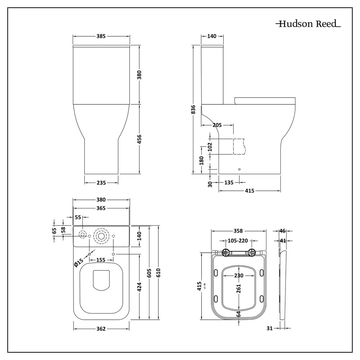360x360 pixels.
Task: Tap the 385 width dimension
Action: [x=101, y=36]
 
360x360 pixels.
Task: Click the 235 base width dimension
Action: [x=101, y=183]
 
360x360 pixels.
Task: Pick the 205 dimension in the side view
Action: [x=217, y=125]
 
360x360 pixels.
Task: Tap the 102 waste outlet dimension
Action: [x=210, y=146]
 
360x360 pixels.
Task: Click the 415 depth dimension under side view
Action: [x=250, y=190]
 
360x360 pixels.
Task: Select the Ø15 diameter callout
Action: [x=78, y=262]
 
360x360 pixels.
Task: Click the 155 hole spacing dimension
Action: [x=101, y=260]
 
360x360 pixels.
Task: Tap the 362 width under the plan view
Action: [x=101, y=328]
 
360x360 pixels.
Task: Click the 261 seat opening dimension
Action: [x=239, y=289]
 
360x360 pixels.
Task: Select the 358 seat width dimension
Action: [x=238, y=231]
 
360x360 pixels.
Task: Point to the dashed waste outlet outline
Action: [x=239, y=146]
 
